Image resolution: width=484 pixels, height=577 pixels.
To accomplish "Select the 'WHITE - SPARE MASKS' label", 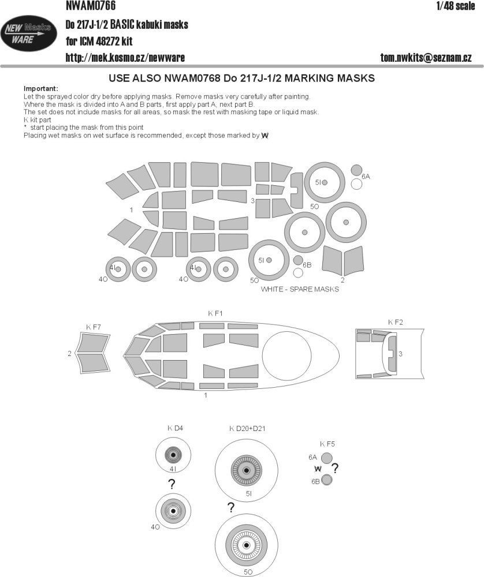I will [300, 290].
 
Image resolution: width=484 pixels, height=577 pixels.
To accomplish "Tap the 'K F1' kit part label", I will [215, 313].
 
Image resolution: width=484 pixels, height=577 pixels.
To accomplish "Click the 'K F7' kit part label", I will [93, 328].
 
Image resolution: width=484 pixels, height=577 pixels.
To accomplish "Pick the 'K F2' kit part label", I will [395, 321].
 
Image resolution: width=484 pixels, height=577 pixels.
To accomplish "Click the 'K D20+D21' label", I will [247, 429].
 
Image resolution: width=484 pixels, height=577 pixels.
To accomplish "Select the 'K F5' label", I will [327, 444].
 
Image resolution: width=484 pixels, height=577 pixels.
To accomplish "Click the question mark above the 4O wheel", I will [171, 485].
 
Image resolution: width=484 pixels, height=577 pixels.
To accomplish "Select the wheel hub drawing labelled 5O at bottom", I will [247, 545].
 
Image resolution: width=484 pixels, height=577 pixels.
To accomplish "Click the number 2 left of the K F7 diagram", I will [69, 354].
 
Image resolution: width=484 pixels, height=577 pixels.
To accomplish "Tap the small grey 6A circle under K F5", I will [326, 458].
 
